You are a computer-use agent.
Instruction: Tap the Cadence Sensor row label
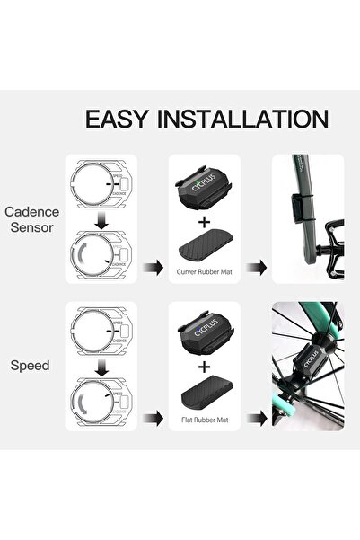(x=32, y=220)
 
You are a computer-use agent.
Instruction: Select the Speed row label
(x=32, y=367)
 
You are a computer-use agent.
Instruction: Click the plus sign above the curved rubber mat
(x=206, y=221)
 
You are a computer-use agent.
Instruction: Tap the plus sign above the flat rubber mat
(x=206, y=367)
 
